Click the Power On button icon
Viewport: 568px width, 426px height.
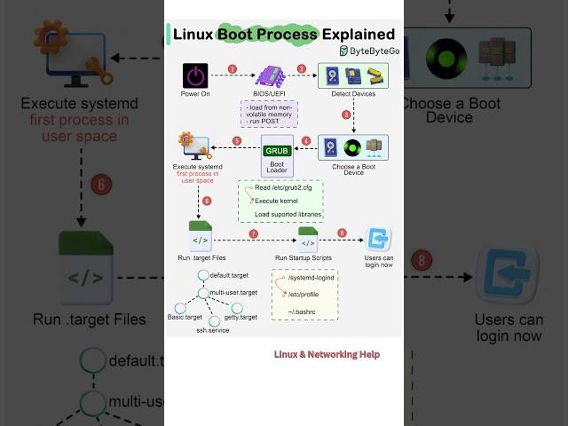(194, 75)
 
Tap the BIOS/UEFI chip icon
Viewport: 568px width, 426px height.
(268, 75)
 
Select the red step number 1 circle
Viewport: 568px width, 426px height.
(233, 68)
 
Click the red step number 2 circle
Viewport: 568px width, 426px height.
(302, 68)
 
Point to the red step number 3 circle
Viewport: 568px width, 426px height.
(346, 114)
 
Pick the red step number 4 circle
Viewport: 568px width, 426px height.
(306, 140)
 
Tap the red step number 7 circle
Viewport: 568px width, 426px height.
(254, 233)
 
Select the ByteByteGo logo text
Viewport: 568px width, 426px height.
(367, 51)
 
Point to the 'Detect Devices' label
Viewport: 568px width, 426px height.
(352, 93)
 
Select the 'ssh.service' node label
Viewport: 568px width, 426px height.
(213, 330)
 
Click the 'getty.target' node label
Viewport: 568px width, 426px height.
(241, 317)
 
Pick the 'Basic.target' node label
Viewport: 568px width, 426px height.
(185, 317)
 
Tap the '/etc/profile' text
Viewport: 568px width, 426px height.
(304, 294)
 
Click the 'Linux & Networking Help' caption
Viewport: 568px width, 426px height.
(327, 354)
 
